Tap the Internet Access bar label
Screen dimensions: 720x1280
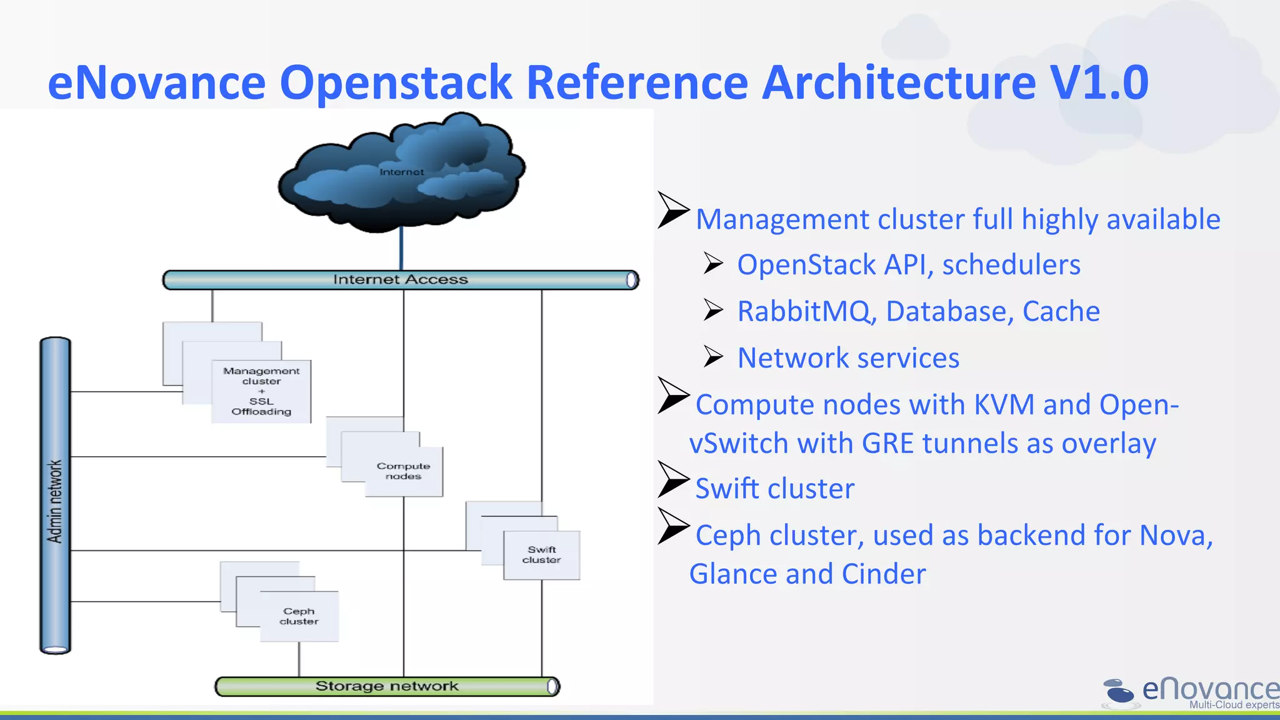400,279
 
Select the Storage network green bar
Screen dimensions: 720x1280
387,686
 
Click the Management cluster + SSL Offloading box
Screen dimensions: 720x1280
261,391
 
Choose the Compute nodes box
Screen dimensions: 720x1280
404,471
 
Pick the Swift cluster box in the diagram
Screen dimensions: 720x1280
541,555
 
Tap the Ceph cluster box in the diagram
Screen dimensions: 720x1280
299,616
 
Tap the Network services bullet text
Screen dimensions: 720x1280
848,358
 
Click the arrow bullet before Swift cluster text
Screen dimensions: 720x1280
673,479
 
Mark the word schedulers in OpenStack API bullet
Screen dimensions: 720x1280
1011,265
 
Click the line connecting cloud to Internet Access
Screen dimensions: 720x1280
401,249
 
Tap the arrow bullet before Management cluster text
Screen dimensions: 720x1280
673,210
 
